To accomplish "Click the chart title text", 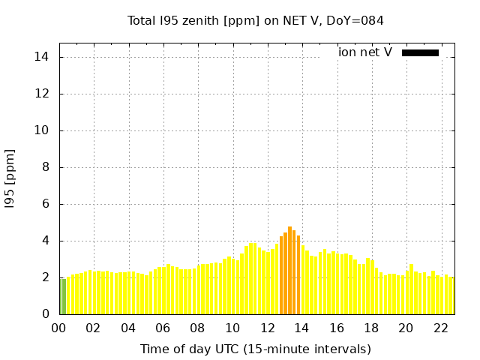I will pos(255,21).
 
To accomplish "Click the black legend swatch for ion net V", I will pos(420,52).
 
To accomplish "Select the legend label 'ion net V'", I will pos(365,52).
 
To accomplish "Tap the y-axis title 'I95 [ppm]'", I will pos(10,178).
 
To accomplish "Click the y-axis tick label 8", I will pos(45,167).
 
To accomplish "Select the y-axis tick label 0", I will pos(45,314).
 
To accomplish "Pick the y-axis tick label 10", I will pos(42,130).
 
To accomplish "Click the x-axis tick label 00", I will pos(58,328).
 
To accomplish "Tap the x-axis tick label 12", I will pos(267,328).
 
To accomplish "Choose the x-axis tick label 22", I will pos(441,328).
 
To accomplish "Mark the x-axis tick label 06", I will pos(163,328).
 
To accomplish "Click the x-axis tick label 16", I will pos(337,328).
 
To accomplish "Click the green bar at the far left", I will pos(63,296).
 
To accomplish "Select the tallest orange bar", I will pos(289,270).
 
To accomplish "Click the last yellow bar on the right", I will pos(451,296).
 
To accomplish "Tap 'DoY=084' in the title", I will pos(359,21).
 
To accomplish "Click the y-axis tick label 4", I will pos(45,241).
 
